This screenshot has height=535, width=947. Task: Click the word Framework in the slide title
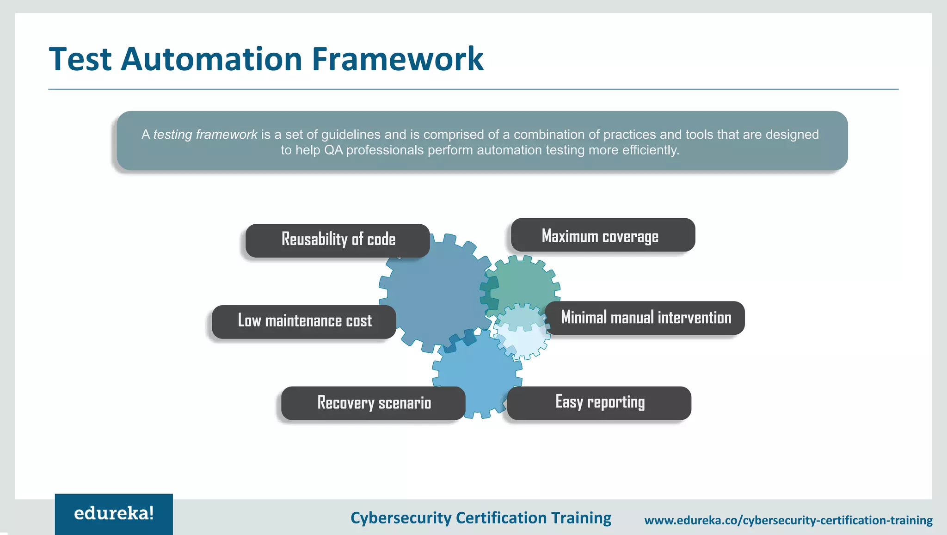coord(397,59)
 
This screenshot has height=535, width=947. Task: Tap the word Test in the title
coord(80,59)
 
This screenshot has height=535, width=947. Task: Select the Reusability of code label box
coord(338,240)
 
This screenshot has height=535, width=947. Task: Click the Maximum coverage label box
coord(603,235)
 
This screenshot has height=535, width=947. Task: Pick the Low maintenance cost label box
coord(304,321)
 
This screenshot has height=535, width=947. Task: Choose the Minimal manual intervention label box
coord(646,318)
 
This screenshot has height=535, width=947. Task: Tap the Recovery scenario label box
coord(373,403)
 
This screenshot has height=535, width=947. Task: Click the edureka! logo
coord(114,514)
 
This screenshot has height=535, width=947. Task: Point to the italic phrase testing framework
coord(205,135)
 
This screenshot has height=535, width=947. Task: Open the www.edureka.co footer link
coord(788,521)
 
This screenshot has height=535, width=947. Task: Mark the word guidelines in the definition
coord(351,135)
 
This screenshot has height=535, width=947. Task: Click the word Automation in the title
coord(211,59)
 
